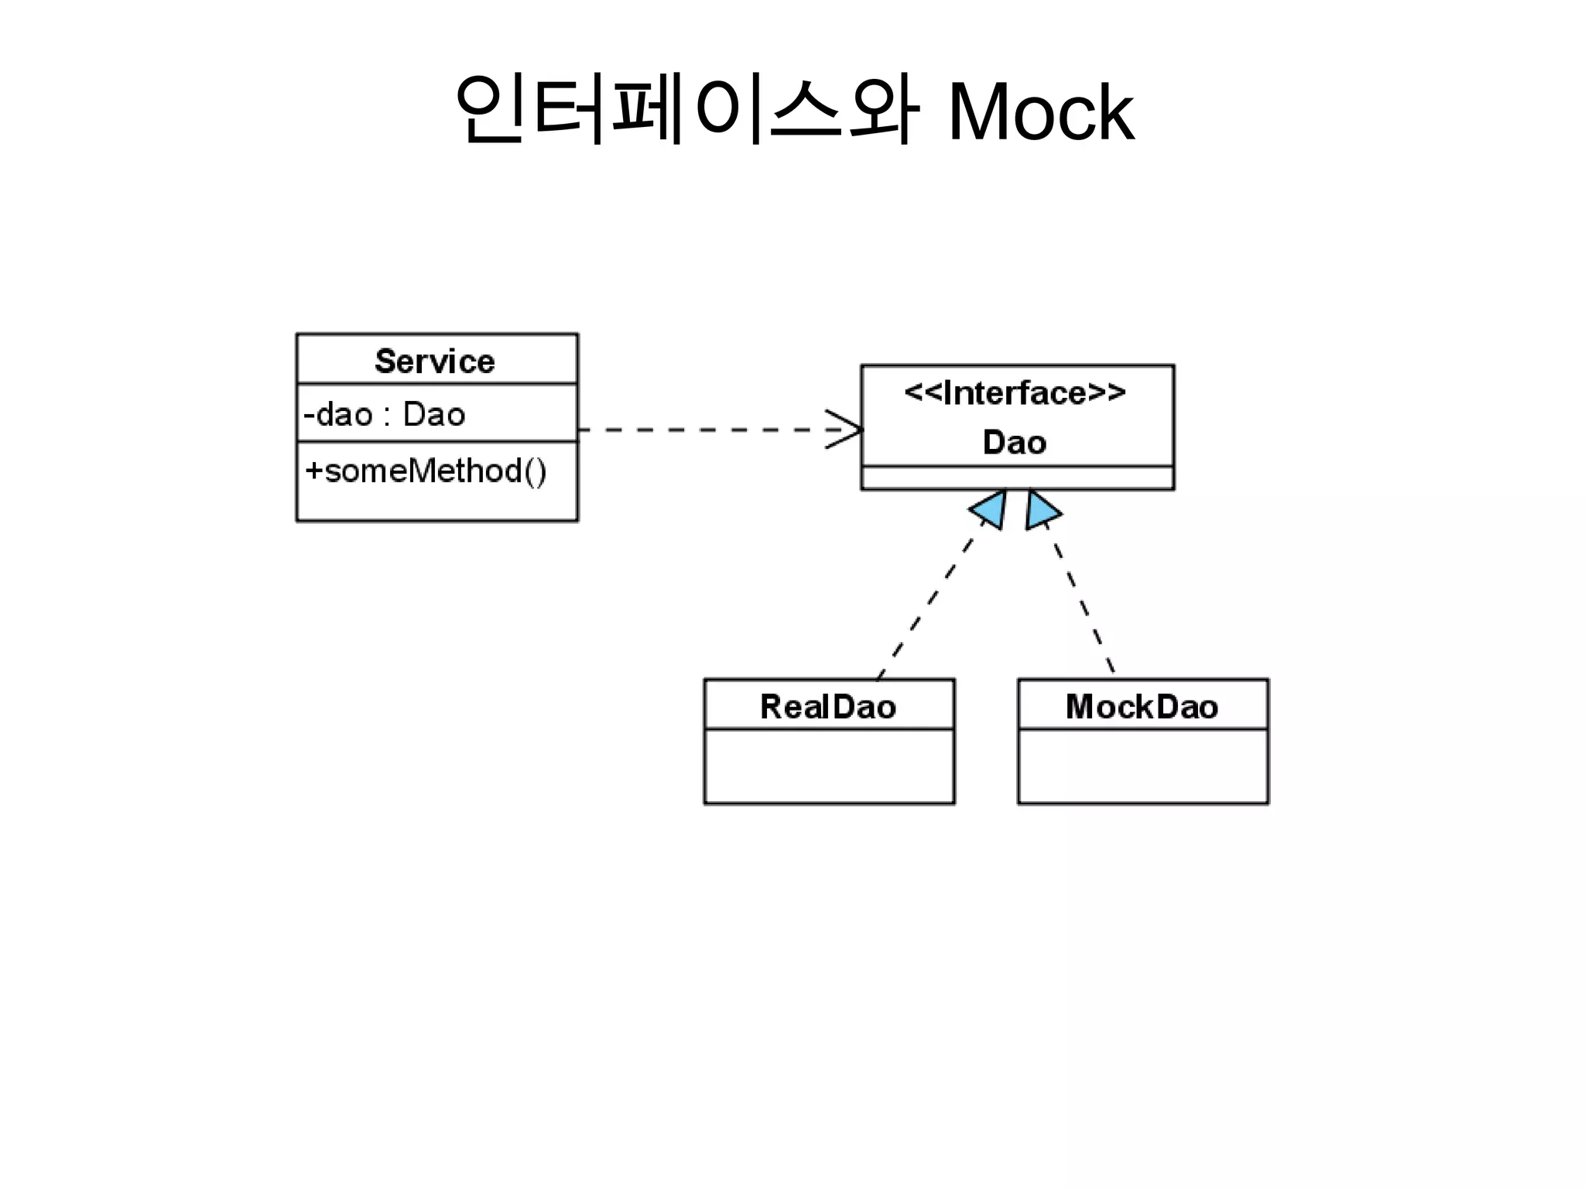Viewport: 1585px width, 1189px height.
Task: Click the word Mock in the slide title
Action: click(x=1040, y=113)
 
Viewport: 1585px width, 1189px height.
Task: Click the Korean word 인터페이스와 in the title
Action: click(x=686, y=111)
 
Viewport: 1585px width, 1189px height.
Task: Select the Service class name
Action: click(x=435, y=361)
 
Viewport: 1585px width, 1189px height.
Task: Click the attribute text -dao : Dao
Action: click(x=385, y=415)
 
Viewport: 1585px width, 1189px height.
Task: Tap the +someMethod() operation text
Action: click(x=426, y=471)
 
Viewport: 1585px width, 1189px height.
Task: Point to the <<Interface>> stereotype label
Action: click(x=1015, y=393)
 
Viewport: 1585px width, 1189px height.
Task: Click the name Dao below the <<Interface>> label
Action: click(x=1015, y=443)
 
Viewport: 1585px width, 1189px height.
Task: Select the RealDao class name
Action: click(x=828, y=707)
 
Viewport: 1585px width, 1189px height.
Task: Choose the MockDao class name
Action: click(x=1142, y=707)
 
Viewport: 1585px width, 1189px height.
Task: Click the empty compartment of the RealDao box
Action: click(x=829, y=766)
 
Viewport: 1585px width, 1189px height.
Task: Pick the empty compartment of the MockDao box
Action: click(x=1142, y=766)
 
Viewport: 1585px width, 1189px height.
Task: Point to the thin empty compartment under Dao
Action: click(x=1017, y=478)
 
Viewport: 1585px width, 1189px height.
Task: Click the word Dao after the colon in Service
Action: click(x=434, y=415)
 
